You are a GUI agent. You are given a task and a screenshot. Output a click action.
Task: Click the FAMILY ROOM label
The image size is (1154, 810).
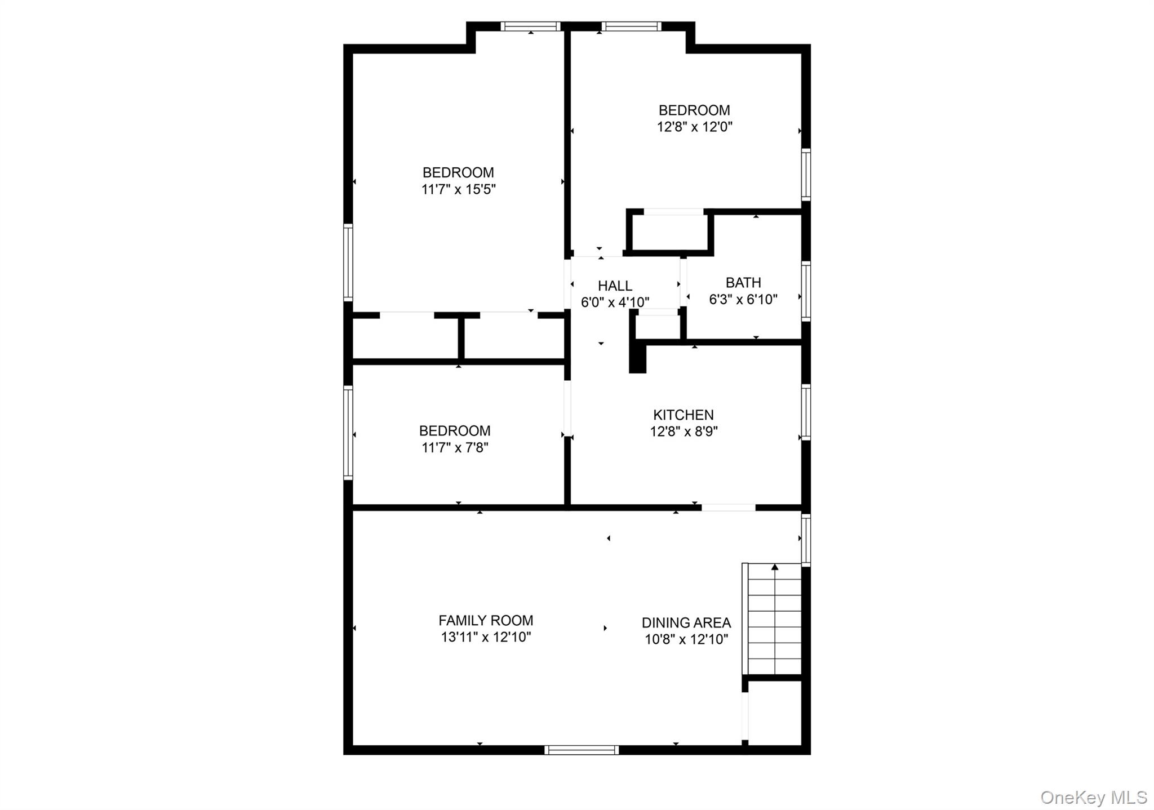click(x=486, y=620)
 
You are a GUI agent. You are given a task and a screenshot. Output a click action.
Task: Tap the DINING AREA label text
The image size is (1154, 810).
click(x=686, y=622)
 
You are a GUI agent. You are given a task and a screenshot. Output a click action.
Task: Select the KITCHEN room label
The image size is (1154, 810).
click(x=683, y=415)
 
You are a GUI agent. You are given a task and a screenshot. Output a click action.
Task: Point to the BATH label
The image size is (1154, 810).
click(x=743, y=282)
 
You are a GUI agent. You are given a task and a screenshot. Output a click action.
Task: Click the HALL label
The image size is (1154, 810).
click(x=615, y=286)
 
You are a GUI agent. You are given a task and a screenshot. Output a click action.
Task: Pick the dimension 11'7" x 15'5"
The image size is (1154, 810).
click(x=458, y=189)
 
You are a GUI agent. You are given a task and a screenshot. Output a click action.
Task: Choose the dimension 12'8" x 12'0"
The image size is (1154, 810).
click(x=694, y=127)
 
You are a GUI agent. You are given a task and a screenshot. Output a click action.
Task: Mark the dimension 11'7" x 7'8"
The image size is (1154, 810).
click(x=455, y=448)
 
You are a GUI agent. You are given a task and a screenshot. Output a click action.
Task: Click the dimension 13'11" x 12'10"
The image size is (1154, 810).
click(x=486, y=637)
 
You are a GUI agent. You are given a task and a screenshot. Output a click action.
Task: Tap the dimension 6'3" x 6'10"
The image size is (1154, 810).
click(x=743, y=299)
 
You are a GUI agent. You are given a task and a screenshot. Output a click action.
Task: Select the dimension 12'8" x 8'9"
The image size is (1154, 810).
click(x=683, y=431)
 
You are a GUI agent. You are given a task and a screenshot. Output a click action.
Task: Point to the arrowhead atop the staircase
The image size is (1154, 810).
click(x=775, y=567)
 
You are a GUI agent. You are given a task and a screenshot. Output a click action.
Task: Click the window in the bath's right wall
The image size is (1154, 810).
click(x=806, y=291)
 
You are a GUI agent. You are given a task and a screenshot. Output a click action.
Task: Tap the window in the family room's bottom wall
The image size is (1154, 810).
click(x=582, y=750)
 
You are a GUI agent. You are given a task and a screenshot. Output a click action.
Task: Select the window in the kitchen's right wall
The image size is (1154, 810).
click(x=806, y=412)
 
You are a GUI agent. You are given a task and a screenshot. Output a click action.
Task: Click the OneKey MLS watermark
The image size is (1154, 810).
click(x=1093, y=798)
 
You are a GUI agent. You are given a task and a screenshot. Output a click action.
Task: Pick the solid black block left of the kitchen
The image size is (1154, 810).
click(x=637, y=359)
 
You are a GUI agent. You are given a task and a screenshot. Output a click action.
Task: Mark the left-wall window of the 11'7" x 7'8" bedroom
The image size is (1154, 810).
click(x=348, y=433)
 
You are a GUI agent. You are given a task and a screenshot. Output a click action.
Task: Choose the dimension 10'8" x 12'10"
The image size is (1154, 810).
click(x=686, y=639)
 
